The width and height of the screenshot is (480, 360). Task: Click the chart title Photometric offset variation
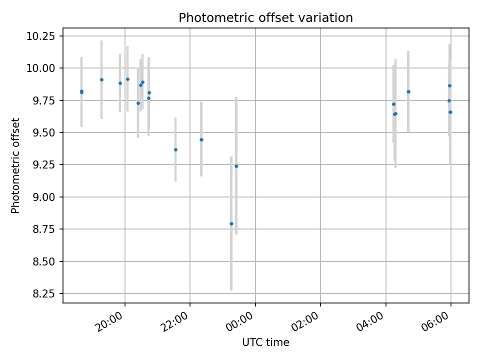265,18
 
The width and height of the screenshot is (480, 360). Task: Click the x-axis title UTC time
265,342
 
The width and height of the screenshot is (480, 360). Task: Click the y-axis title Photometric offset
15,165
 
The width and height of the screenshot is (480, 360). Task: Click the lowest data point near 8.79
231,223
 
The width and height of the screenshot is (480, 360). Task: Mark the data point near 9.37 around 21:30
175,149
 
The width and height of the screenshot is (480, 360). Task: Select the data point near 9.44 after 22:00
201,139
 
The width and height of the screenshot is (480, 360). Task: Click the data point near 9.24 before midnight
236,166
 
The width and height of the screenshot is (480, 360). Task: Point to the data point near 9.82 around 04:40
408,91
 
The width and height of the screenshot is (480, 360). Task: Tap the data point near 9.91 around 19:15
101,79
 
